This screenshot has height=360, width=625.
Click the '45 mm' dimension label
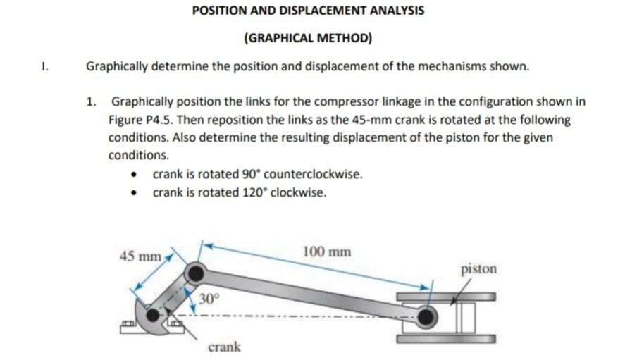pos(141,256)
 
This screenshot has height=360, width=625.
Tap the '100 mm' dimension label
pos(326,252)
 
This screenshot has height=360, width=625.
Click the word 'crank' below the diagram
pos(224,347)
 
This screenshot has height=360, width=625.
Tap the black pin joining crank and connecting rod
pos(194,273)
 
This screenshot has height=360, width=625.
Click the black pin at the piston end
pos(426,318)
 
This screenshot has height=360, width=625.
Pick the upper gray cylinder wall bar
pos(445,296)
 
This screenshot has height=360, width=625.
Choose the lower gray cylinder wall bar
pos(445,339)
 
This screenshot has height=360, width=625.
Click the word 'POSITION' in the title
pos(221,11)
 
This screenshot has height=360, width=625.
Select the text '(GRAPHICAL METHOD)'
pos(308,37)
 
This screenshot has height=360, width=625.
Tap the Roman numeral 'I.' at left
pos(44,67)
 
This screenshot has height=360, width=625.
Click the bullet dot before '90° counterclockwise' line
pos(135,175)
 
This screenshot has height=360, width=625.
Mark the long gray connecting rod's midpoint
pos(310,294)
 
